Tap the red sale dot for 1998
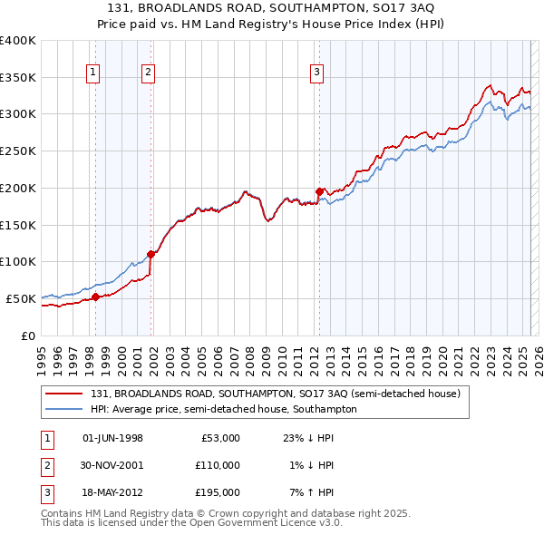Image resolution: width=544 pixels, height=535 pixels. pos(95,297)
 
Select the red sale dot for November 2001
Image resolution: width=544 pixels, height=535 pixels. pos(151,254)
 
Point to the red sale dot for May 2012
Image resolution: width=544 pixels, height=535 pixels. pos(319,191)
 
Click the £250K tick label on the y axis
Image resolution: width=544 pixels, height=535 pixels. pos(17,151)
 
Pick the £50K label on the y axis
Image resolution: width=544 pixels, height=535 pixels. pos(21,298)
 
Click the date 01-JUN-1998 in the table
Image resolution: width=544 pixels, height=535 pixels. pos(112,438)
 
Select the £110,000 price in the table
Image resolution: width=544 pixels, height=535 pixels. pos(218,465)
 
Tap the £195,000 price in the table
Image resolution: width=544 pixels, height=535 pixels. pos(218,492)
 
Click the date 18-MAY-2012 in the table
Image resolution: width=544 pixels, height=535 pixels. pos(112,492)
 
